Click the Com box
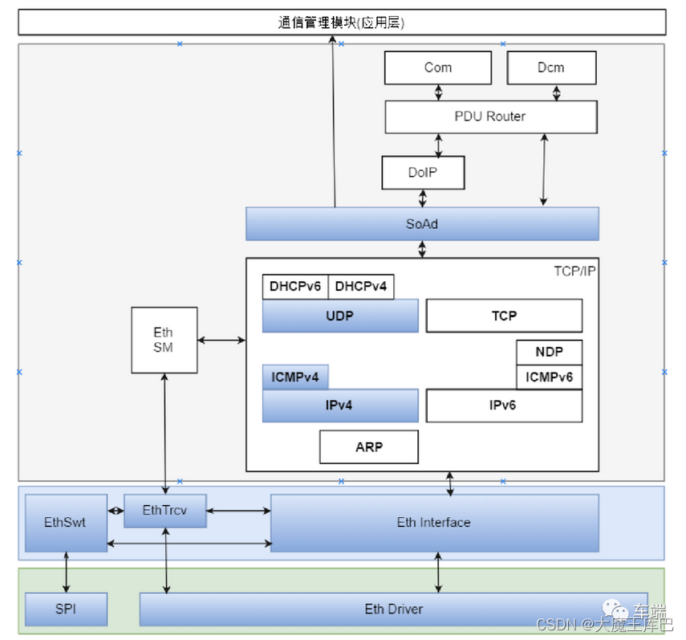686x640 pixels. pos(438,67)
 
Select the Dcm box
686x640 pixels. pos(551,67)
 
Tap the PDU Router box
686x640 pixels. pos(490,116)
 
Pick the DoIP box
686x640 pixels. pos(422,173)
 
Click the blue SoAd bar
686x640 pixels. pos(422,224)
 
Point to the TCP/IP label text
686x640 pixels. pos(574,271)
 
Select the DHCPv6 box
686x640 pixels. pos(295,287)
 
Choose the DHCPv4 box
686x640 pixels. pos(361,287)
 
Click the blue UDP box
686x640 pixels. pos(340,316)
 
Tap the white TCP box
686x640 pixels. pos(504,316)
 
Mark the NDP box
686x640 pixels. pos(549,352)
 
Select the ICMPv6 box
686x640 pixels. pos(549,377)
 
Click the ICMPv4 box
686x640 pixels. pos(295,377)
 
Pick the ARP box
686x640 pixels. pos(369,446)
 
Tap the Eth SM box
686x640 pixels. pos(164,340)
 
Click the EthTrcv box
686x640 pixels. pos(164,510)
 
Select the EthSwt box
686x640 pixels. pos(66,522)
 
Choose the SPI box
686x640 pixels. pos(66,609)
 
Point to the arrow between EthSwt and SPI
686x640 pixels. pos(66,573)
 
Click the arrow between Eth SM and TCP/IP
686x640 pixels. pos(221,340)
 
